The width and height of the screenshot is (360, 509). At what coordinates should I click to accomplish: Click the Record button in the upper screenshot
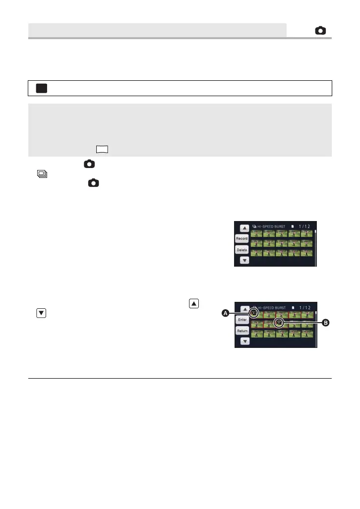click(242, 238)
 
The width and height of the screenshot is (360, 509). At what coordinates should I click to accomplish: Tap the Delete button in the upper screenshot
click(242, 250)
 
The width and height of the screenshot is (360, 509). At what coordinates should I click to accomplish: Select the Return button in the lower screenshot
click(242, 331)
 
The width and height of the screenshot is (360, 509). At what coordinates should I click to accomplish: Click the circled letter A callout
click(225, 313)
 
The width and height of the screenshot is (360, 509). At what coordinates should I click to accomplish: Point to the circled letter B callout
click(326, 323)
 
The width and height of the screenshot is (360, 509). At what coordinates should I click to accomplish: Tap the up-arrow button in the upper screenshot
click(244, 228)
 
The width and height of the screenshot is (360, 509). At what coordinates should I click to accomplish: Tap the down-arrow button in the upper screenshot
click(244, 260)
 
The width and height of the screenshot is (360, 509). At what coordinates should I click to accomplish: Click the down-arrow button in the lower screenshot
click(244, 341)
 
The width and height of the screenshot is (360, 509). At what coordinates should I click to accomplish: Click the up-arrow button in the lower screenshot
click(244, 309)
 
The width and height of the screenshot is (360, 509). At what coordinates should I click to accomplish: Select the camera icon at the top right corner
click(321, 31)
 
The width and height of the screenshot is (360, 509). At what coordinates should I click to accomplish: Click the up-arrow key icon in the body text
click(194, 303)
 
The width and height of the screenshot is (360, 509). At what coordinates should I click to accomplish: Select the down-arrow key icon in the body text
click(42, 313)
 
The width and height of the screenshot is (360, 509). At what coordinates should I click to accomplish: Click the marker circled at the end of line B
click(279, 323)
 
